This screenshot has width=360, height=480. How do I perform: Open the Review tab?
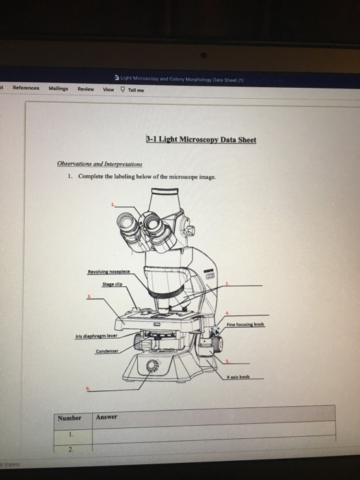(86, 88)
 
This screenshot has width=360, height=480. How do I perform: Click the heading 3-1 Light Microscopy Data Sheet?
(200, 140)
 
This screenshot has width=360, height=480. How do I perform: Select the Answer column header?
(108, 417)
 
